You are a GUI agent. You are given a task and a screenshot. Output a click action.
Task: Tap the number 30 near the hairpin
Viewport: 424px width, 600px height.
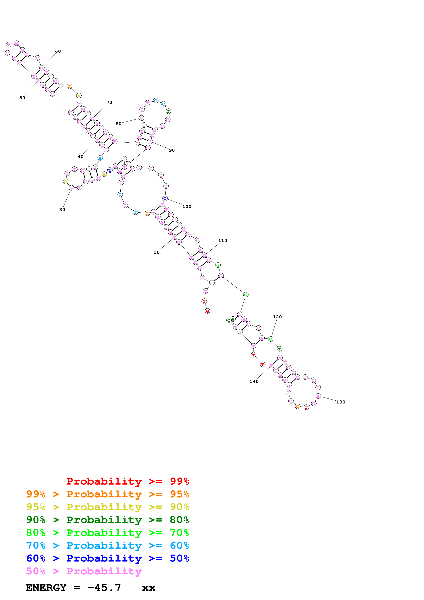coord(62,210)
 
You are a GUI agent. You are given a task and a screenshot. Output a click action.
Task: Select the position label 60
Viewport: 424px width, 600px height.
coord(58,51)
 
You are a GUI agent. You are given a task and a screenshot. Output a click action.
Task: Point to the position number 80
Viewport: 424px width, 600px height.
coord(119,124)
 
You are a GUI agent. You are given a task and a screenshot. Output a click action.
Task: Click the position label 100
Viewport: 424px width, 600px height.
coord(187,206)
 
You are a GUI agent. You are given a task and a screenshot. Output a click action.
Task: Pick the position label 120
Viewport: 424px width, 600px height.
coord(277,317)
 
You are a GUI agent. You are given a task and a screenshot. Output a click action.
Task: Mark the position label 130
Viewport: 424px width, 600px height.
coord(341,402)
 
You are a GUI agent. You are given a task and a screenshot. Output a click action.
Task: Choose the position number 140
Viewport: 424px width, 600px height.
coord(254,382)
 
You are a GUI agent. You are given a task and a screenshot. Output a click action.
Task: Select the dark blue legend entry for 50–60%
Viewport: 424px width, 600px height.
coord(108,558)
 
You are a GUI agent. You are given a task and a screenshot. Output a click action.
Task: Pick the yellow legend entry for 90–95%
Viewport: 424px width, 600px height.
coord(108,507)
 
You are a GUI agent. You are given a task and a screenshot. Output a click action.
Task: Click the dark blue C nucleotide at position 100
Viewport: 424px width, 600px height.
coord(165,198)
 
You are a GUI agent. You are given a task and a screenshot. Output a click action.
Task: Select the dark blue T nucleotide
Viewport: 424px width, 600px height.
coord(110,170)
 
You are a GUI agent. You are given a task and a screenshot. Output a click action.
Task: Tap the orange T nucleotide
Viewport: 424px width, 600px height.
coord(69,86)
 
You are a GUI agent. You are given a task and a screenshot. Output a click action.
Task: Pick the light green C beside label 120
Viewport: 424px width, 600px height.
coord(271,339)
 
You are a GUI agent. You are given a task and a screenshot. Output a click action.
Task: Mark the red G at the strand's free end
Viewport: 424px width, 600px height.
coord(207,311)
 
